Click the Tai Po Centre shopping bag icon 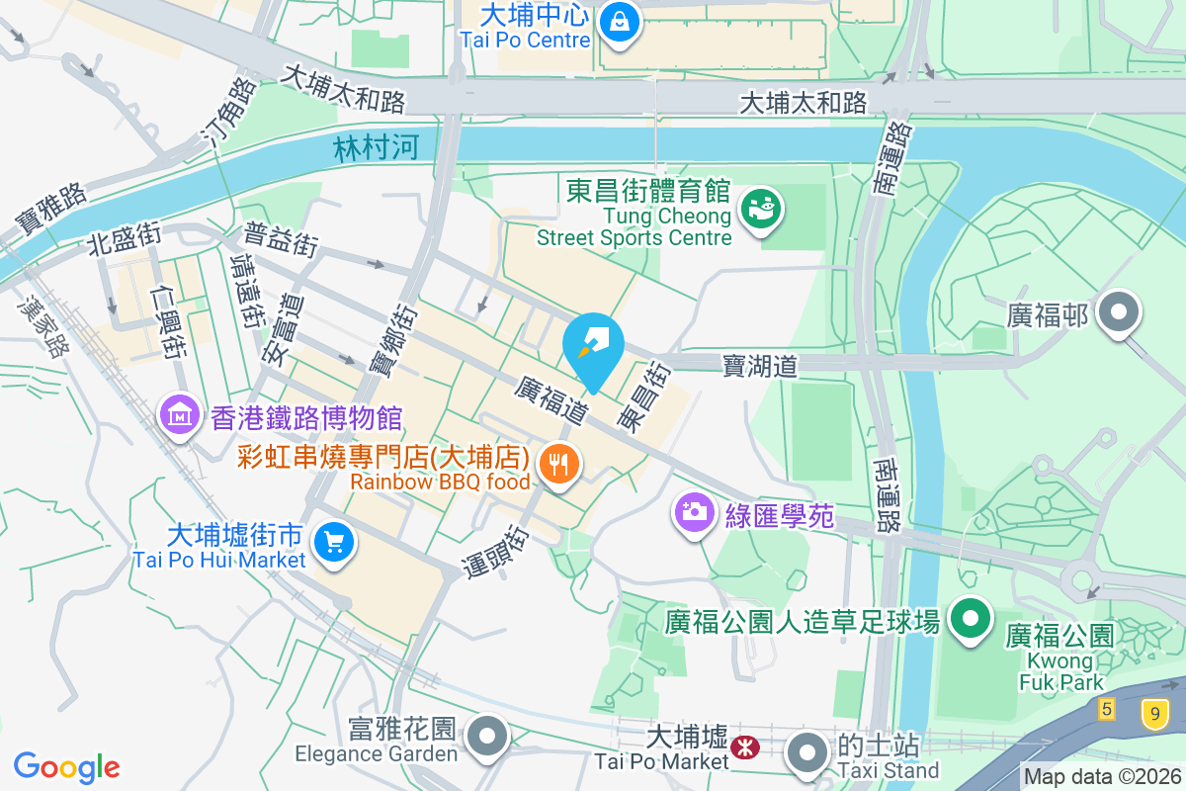point(619,21)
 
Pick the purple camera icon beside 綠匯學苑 point(695,511)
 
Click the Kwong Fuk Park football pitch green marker point(971,619)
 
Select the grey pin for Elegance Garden point(486,737)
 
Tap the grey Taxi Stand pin point(808,752)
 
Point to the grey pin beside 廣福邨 point(1119,313)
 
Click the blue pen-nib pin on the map point(593,340)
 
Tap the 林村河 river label point(376,148)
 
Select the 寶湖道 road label point(759,367)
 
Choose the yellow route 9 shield point(1152,712)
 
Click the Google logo point(66,766)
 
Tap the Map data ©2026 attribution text point(1102,777)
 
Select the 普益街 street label point(282,240)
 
